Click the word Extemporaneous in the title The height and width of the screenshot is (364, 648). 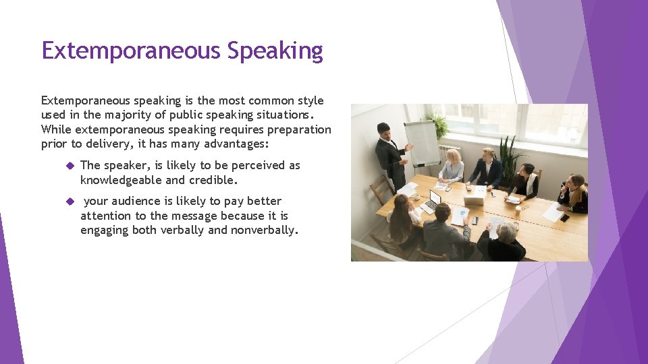point(132,51)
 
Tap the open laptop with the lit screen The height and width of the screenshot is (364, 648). point(432,201)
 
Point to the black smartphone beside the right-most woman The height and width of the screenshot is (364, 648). point(564,217)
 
